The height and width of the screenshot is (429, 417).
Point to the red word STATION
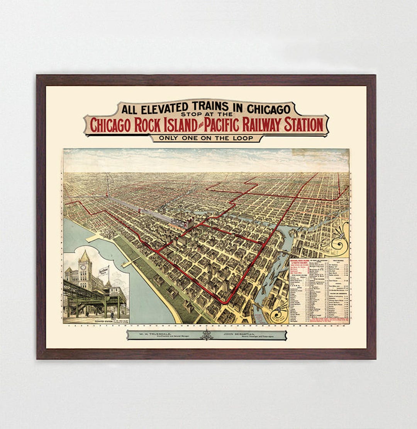coord(303,125)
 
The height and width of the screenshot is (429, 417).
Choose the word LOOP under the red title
coord(242,138)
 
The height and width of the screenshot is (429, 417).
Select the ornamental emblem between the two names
coord(207,334)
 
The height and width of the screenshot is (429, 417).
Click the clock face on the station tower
coord(83,267)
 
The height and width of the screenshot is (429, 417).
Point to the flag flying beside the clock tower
coord(104,271)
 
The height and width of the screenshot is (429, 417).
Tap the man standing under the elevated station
coord(112,314)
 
